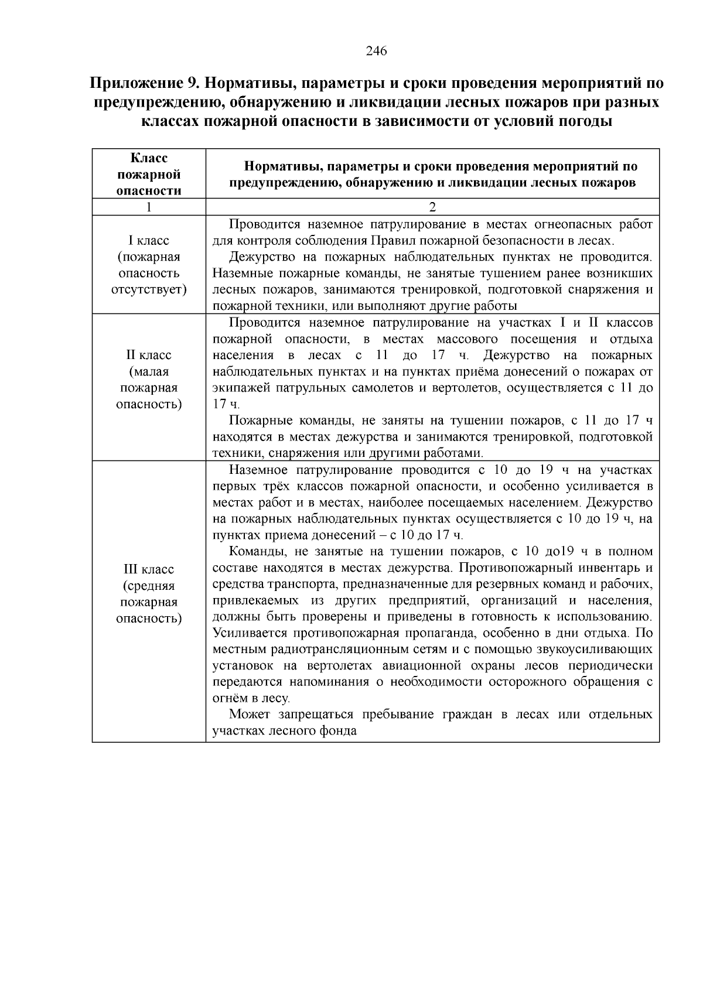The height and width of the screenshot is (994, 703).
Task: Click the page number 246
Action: [376, 51]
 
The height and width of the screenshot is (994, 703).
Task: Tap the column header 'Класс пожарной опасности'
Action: [149, 174]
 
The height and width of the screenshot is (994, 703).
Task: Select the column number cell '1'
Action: [149, 207]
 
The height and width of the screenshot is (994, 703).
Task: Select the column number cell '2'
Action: [432, 207]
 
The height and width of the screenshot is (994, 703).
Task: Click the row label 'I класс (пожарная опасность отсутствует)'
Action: [149, 265]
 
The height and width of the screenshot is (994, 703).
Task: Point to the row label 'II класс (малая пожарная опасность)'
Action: [149, 380]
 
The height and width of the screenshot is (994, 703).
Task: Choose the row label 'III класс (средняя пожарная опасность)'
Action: [149, 594]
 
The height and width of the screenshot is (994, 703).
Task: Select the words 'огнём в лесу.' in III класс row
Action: [251, 699]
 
